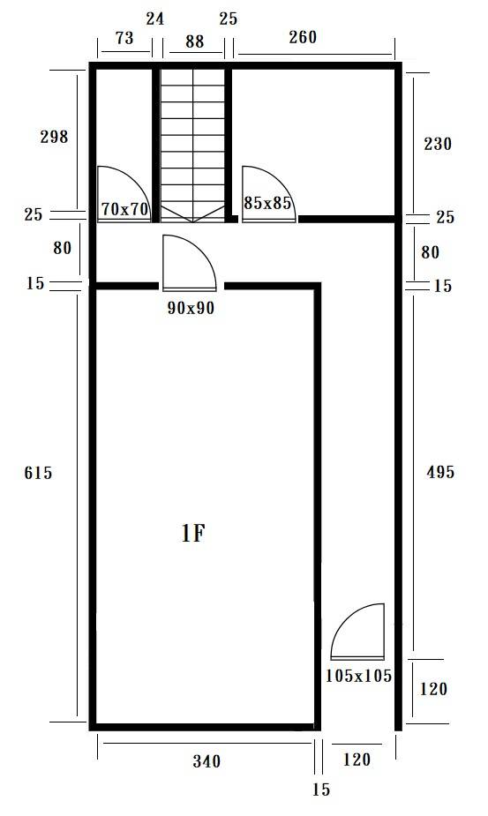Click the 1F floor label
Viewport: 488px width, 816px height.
click(x=192, y=533)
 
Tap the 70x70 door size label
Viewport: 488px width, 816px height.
click(x=125, y=209)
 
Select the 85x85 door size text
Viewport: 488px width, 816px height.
click(x=267, y=203)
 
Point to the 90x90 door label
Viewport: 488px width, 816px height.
click(x=191, y=308)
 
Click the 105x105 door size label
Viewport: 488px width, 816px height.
click(x=358, y=676)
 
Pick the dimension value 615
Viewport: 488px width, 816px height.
click(x=38, y=473)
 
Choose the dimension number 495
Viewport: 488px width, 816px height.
click(x=440, y=472)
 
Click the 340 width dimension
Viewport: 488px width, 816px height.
click(x=206, y=761)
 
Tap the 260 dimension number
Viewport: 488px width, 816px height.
click(x=303, y=37)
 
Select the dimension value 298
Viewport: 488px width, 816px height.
click(x=54, y=137)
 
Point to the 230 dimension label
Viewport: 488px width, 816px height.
click(x=438, y=144)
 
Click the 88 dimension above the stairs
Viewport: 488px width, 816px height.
click(x=194, y=41)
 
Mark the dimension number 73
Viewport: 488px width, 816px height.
click(x=124, y=38)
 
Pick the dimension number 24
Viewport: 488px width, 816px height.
click(x=155, y=19)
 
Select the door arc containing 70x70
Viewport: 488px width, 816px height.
click(x=134, y=178)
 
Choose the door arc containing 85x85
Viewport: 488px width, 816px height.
click(x=279, y=178)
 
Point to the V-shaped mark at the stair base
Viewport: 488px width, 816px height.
click(x=192, y=213)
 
